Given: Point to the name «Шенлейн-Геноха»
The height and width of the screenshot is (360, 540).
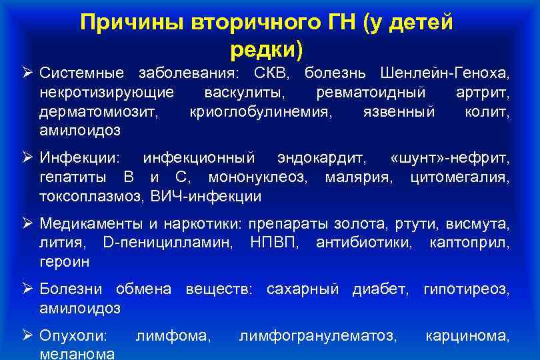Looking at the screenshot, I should pos(445,72).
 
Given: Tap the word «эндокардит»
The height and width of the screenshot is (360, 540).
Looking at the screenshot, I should pos(322,158).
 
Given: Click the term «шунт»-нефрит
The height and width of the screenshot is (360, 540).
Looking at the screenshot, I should pos(448,158).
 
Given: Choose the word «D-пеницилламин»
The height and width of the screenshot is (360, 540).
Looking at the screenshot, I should pos(169,243).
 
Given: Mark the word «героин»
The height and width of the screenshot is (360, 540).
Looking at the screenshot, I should pos(65,263).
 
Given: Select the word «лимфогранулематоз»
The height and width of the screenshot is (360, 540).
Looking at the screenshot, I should pos(317,336).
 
